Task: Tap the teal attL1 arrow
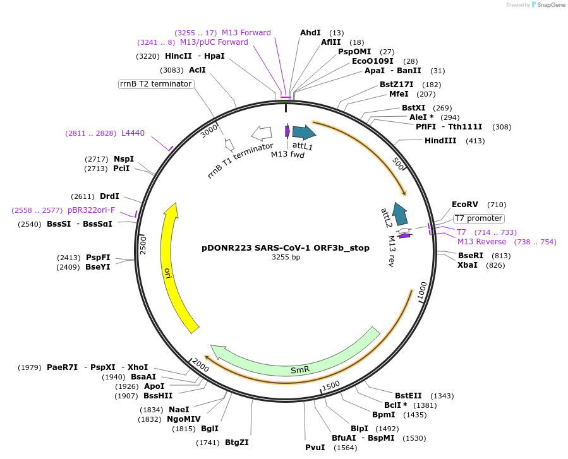tap(304, 132)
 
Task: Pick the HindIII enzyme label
tap(440, 141)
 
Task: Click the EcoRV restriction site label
tap(465, 205)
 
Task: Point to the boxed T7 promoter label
tap(478, 218)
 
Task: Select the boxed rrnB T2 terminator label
tap(155, 84)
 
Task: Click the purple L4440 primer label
tap(133, 133)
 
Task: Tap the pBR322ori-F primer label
tap(92, 210)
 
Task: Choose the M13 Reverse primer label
tap(481, 242)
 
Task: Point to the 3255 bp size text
tap(286, 258)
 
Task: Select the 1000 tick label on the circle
tap(422, 292)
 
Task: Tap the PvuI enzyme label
tap(315, 448)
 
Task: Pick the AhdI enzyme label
tap(310, 32)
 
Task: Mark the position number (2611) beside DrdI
tap(83, 196)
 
